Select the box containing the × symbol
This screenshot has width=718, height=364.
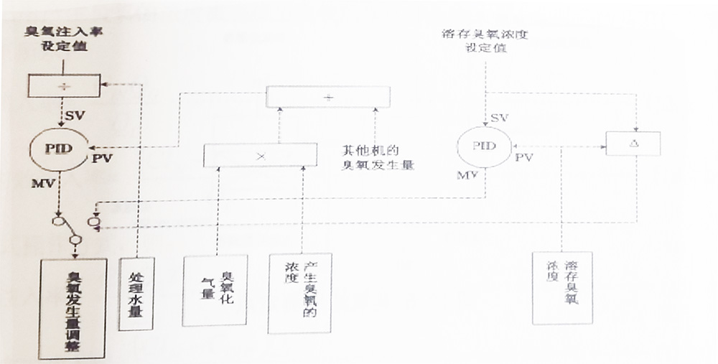tap(260, 155)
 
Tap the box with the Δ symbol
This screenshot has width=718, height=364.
tap(633, 144)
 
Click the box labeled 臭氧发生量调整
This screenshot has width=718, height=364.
tap(73, 305)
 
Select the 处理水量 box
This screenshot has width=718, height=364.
tap(135, 294)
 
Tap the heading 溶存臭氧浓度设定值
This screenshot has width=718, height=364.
tap(485, 42)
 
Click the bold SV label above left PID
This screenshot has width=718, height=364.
tap(75, 114)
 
